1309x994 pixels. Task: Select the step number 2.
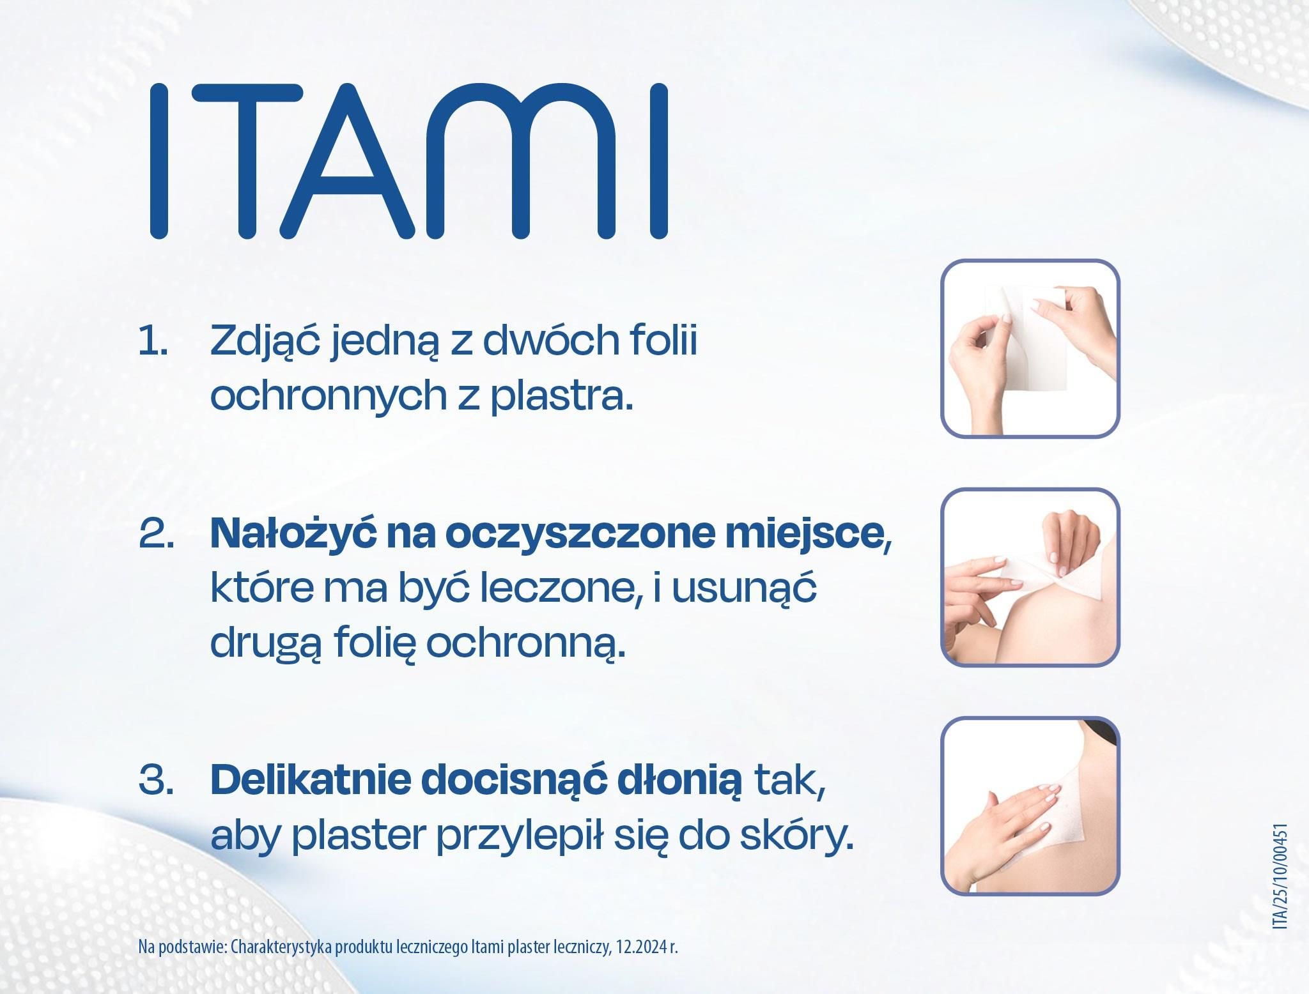[x=157, y=535]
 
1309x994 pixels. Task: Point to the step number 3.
[x=157, y=781]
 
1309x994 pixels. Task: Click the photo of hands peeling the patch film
[x=1030, y=348]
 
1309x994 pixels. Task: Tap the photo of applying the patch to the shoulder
[x=1030, y=577]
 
